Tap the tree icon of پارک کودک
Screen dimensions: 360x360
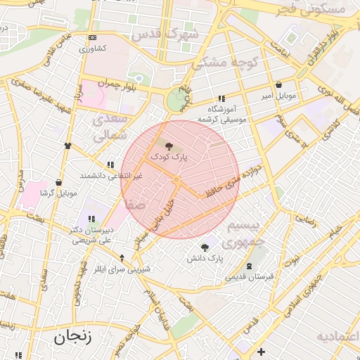(x=169, y=146)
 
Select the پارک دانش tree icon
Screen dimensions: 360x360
(x=205, y=247)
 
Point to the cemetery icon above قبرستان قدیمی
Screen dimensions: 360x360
(x=252, y=266)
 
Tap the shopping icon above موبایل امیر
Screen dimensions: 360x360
(x=279, y=84)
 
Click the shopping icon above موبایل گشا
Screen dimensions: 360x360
(x=58, y=182)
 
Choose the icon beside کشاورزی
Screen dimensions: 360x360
(x=94, y=38)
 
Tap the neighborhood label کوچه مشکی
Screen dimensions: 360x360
(x=225, y=63)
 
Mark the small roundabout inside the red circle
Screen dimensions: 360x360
(x=176, y=181)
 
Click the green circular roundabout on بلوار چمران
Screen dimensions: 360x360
(x=175, y=101)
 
